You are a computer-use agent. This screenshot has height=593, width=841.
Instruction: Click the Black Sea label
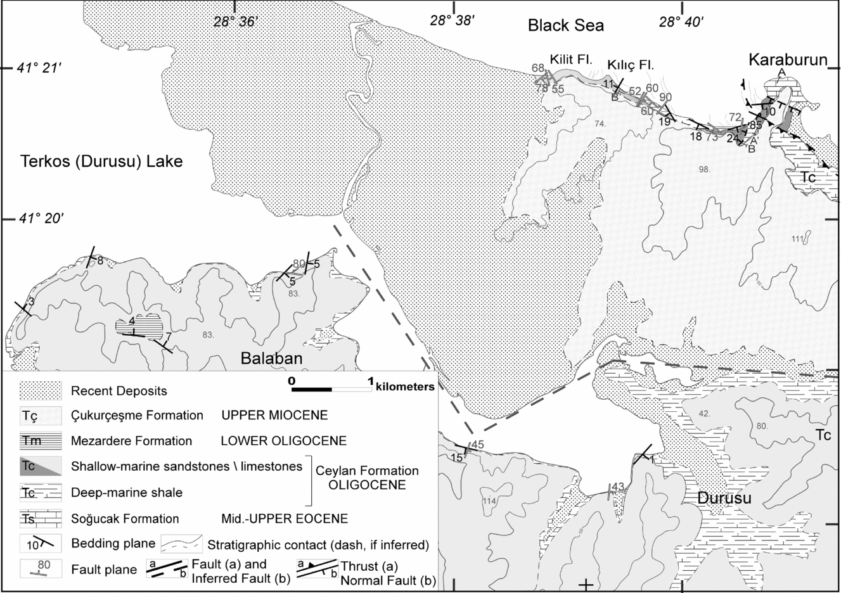pyautogui.click(x=566, y=25)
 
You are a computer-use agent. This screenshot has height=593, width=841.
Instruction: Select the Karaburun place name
pyautogui.click(x=788, y=60)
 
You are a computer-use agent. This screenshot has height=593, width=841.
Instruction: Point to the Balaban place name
pyautogui.click(x=271, y=359)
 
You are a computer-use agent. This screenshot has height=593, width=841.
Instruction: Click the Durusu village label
pyautogui.click(x=724, y=498)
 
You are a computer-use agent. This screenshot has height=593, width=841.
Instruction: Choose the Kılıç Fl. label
pyautogui.click(x=630, y=65)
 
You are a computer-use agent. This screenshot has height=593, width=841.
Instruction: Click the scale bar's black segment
pyautogui.click(x=311, y=388)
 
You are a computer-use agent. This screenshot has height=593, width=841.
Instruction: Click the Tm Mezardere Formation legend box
pyautogui.click(x=41, y=441)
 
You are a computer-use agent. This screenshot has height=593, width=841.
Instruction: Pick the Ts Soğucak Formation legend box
pyautogui.click(x=41, y=519)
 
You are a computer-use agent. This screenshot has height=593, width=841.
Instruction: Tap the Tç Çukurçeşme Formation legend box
pyautogui.click(x=41, y=416)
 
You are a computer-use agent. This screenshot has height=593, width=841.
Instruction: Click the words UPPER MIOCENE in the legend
pyautogui.click(x=274, y=416)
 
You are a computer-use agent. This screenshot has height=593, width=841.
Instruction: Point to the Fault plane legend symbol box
pyautogui.click(x=41, y=570)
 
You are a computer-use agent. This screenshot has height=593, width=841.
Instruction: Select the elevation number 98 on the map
pyautogui.click(x=703, y=169)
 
